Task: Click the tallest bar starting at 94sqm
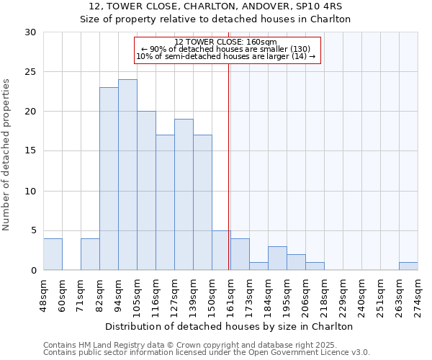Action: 127,175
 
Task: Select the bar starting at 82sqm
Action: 109,179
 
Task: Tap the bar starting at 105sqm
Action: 146,191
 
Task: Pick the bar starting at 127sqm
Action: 184,194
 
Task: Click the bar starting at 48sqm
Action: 53,254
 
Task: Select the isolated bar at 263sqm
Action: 408,266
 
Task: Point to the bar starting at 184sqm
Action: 277,258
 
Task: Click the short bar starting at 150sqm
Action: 221,251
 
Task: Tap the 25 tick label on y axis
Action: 30,72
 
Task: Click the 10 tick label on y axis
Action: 30,192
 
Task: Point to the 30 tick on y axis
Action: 30,32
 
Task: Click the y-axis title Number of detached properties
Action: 6,155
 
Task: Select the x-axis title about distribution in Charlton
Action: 229,326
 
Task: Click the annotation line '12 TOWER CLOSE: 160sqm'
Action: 225,42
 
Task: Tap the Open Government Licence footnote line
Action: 207,352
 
